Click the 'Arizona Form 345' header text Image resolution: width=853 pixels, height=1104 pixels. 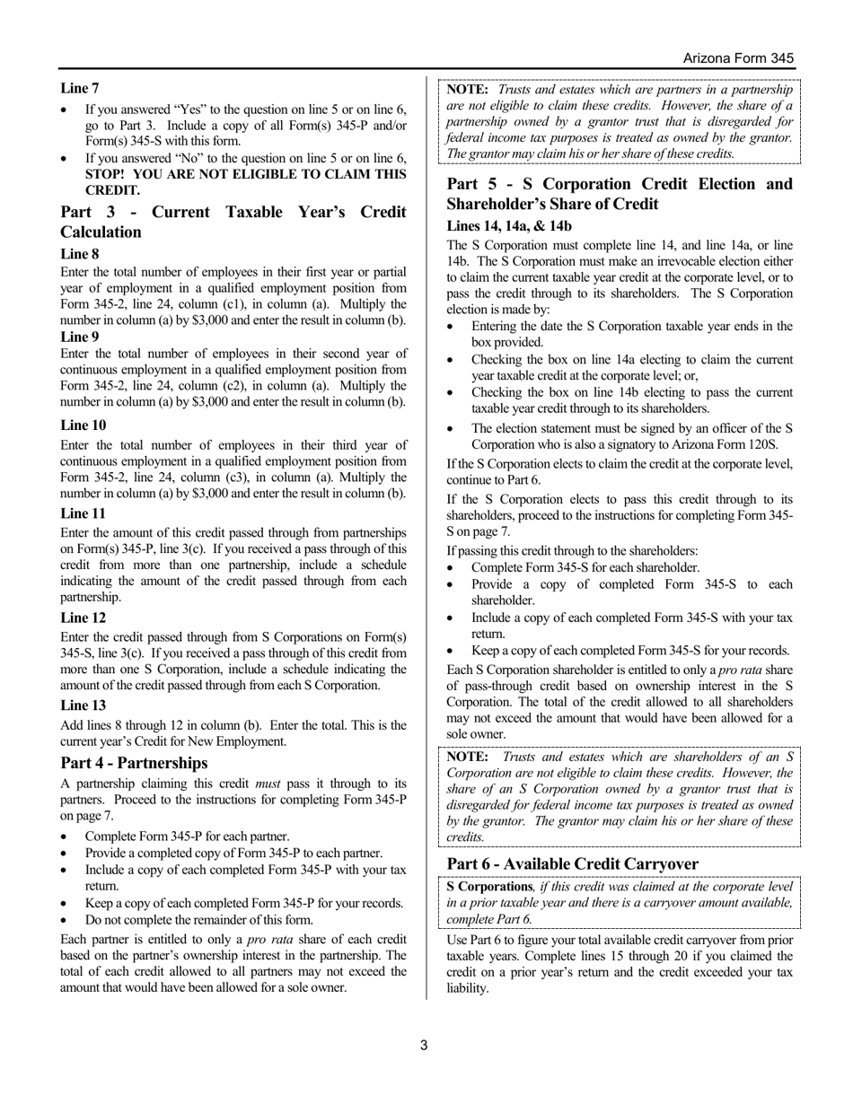(x=738, y=57)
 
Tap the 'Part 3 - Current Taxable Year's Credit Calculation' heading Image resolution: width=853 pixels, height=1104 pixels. (x=233, y=222)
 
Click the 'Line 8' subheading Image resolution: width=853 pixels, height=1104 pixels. (x=80, y=254)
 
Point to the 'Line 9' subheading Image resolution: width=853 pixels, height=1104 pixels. (x=80, y=337)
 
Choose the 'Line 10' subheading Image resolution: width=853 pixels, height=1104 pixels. (x=83, y=425)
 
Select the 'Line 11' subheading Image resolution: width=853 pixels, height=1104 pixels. (x=83, y=513)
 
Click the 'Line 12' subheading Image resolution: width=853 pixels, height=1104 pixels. (x=83, y=618)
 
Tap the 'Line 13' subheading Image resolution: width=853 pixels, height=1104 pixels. (x=83, y=705)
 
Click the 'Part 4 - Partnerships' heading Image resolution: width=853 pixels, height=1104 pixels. (x=134, y=763)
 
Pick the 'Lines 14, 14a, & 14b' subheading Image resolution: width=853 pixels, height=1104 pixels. (x=508, y=226)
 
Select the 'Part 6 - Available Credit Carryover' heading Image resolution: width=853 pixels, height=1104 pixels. (x=572, y=863)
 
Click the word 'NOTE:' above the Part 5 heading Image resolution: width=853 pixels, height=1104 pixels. (x=468, y=90)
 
